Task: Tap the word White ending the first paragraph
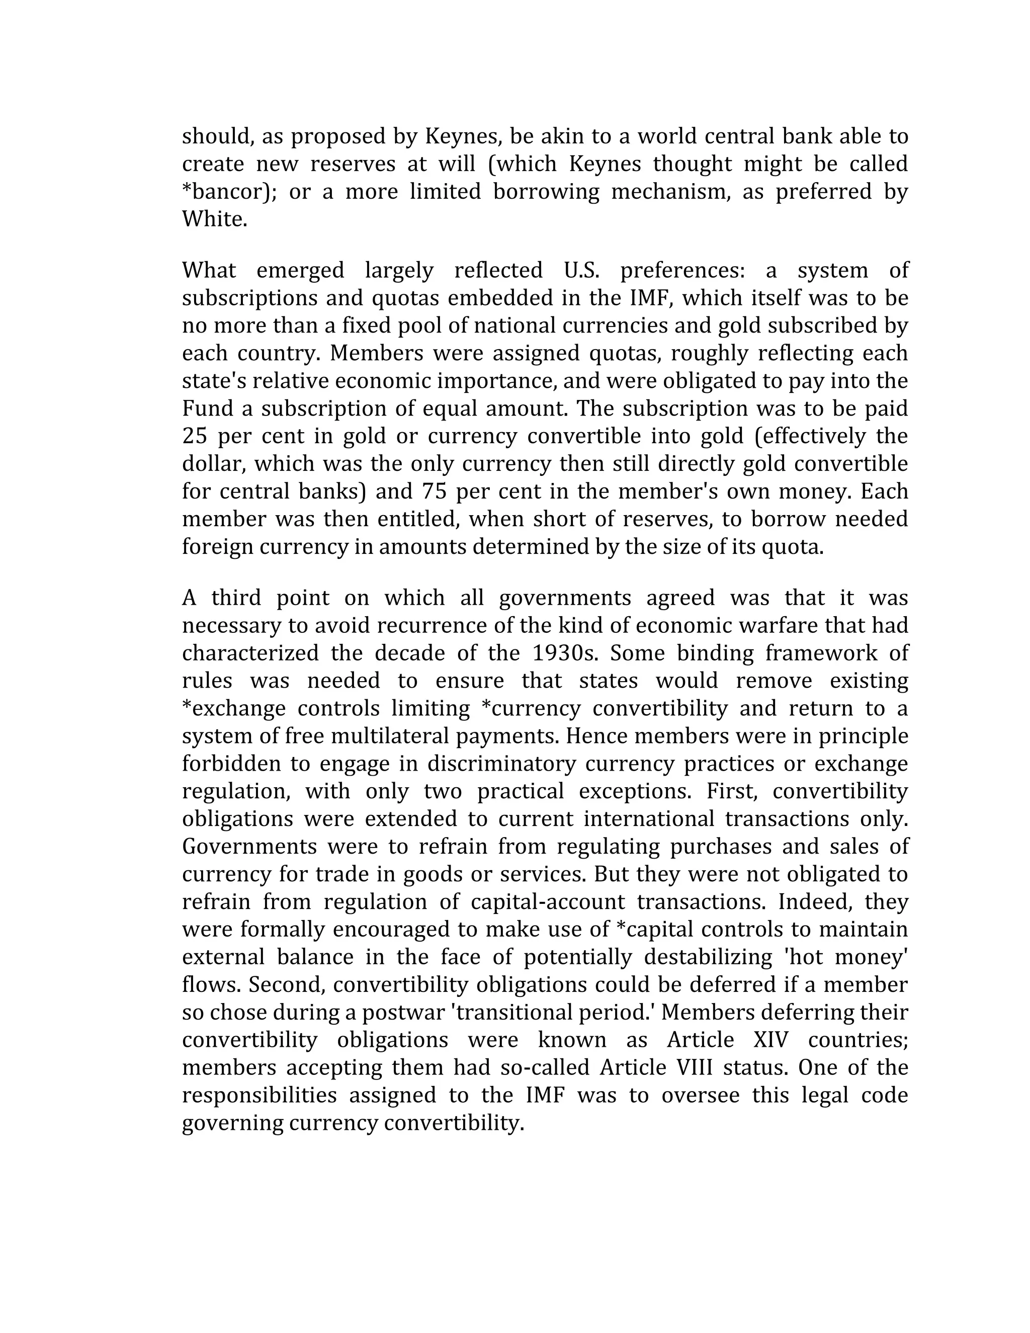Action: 214,219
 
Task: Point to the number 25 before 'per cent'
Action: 195,437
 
